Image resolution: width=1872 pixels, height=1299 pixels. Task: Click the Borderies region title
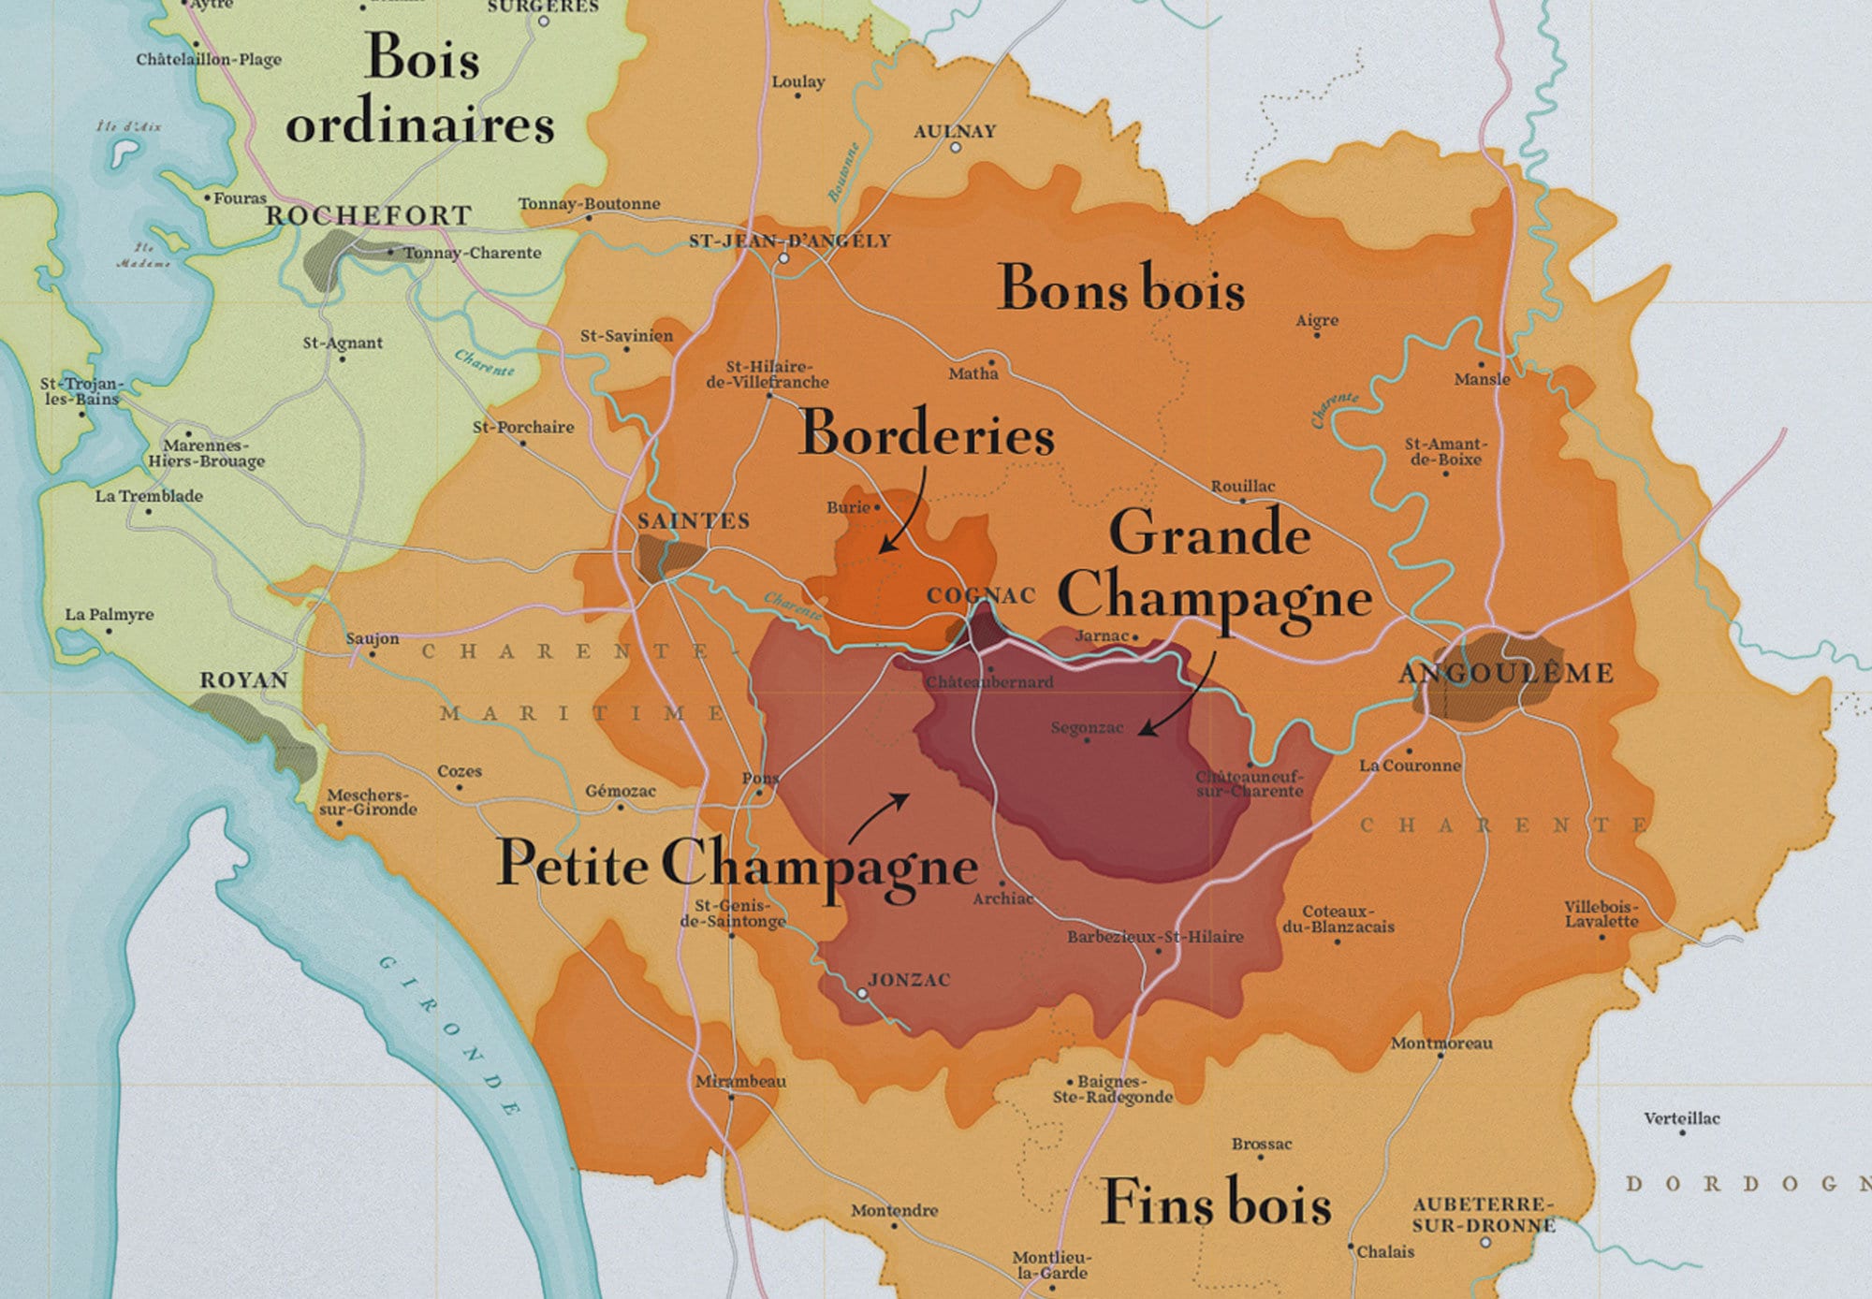[x=927, y=434]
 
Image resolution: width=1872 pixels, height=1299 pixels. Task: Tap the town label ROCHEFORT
[x=368, y=215]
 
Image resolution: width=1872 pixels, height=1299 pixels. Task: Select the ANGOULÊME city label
[x=1506, y=673]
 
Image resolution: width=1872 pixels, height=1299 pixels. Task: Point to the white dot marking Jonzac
[x=862, y=993]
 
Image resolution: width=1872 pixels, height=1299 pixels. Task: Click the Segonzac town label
[x=1086, y=727]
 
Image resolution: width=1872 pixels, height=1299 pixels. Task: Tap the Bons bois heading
[x=1120, y=288]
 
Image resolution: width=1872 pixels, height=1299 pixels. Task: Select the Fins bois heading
[x=1216, y=1203]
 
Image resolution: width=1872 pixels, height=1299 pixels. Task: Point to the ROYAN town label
[x=243, y=680]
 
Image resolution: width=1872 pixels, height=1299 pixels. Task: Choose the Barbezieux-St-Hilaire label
[x=1155, y=937]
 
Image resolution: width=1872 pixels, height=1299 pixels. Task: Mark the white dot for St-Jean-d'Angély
[x=784, y=258]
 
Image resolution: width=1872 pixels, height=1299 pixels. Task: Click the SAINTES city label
[x=693, y=521]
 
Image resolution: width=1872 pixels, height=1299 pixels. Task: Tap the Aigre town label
[x=1317, y=320]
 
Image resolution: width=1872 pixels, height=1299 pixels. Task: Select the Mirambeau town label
[x=740, y=1081]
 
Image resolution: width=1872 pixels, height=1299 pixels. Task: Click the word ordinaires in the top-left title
[x=419, y=125]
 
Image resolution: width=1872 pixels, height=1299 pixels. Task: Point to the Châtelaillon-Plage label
[x=209, y=60]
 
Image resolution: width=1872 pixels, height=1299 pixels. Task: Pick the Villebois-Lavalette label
[x=1601, y=914]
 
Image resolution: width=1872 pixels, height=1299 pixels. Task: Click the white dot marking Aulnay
[x=955, y=148]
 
